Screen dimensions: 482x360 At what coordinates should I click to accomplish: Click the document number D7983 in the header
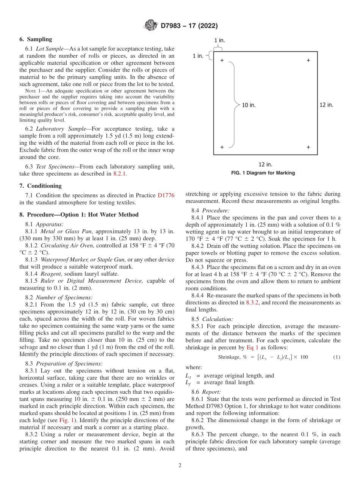point(172,26)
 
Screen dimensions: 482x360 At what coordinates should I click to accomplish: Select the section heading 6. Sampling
point(36,39)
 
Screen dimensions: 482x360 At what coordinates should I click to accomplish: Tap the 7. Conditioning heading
point(40,186)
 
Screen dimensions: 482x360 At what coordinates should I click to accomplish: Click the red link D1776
point(166,196)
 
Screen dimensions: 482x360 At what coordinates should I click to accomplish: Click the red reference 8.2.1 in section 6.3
point(120,174)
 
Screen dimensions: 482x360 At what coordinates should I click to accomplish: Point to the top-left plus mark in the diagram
point(222,60)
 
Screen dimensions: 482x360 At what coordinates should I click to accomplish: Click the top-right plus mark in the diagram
point(308,60)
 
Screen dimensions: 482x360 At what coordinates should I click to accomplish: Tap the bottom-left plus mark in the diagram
point(222,147)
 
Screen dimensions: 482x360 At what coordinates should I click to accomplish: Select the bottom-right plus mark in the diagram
point(308,147)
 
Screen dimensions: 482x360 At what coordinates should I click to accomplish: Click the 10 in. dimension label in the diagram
point(249,105)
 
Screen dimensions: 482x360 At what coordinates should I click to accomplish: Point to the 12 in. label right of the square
point(326,105)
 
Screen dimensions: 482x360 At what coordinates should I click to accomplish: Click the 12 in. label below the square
point(265,164)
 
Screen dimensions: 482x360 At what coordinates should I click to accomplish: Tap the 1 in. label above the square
point(221,40)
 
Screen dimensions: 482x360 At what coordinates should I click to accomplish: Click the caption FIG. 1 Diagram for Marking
point(263,173)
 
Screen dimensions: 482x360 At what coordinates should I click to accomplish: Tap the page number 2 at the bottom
point(180,466)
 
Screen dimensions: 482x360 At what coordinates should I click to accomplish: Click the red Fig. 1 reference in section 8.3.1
point(65,421)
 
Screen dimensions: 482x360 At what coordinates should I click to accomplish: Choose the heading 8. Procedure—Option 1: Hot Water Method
point(79,214)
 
